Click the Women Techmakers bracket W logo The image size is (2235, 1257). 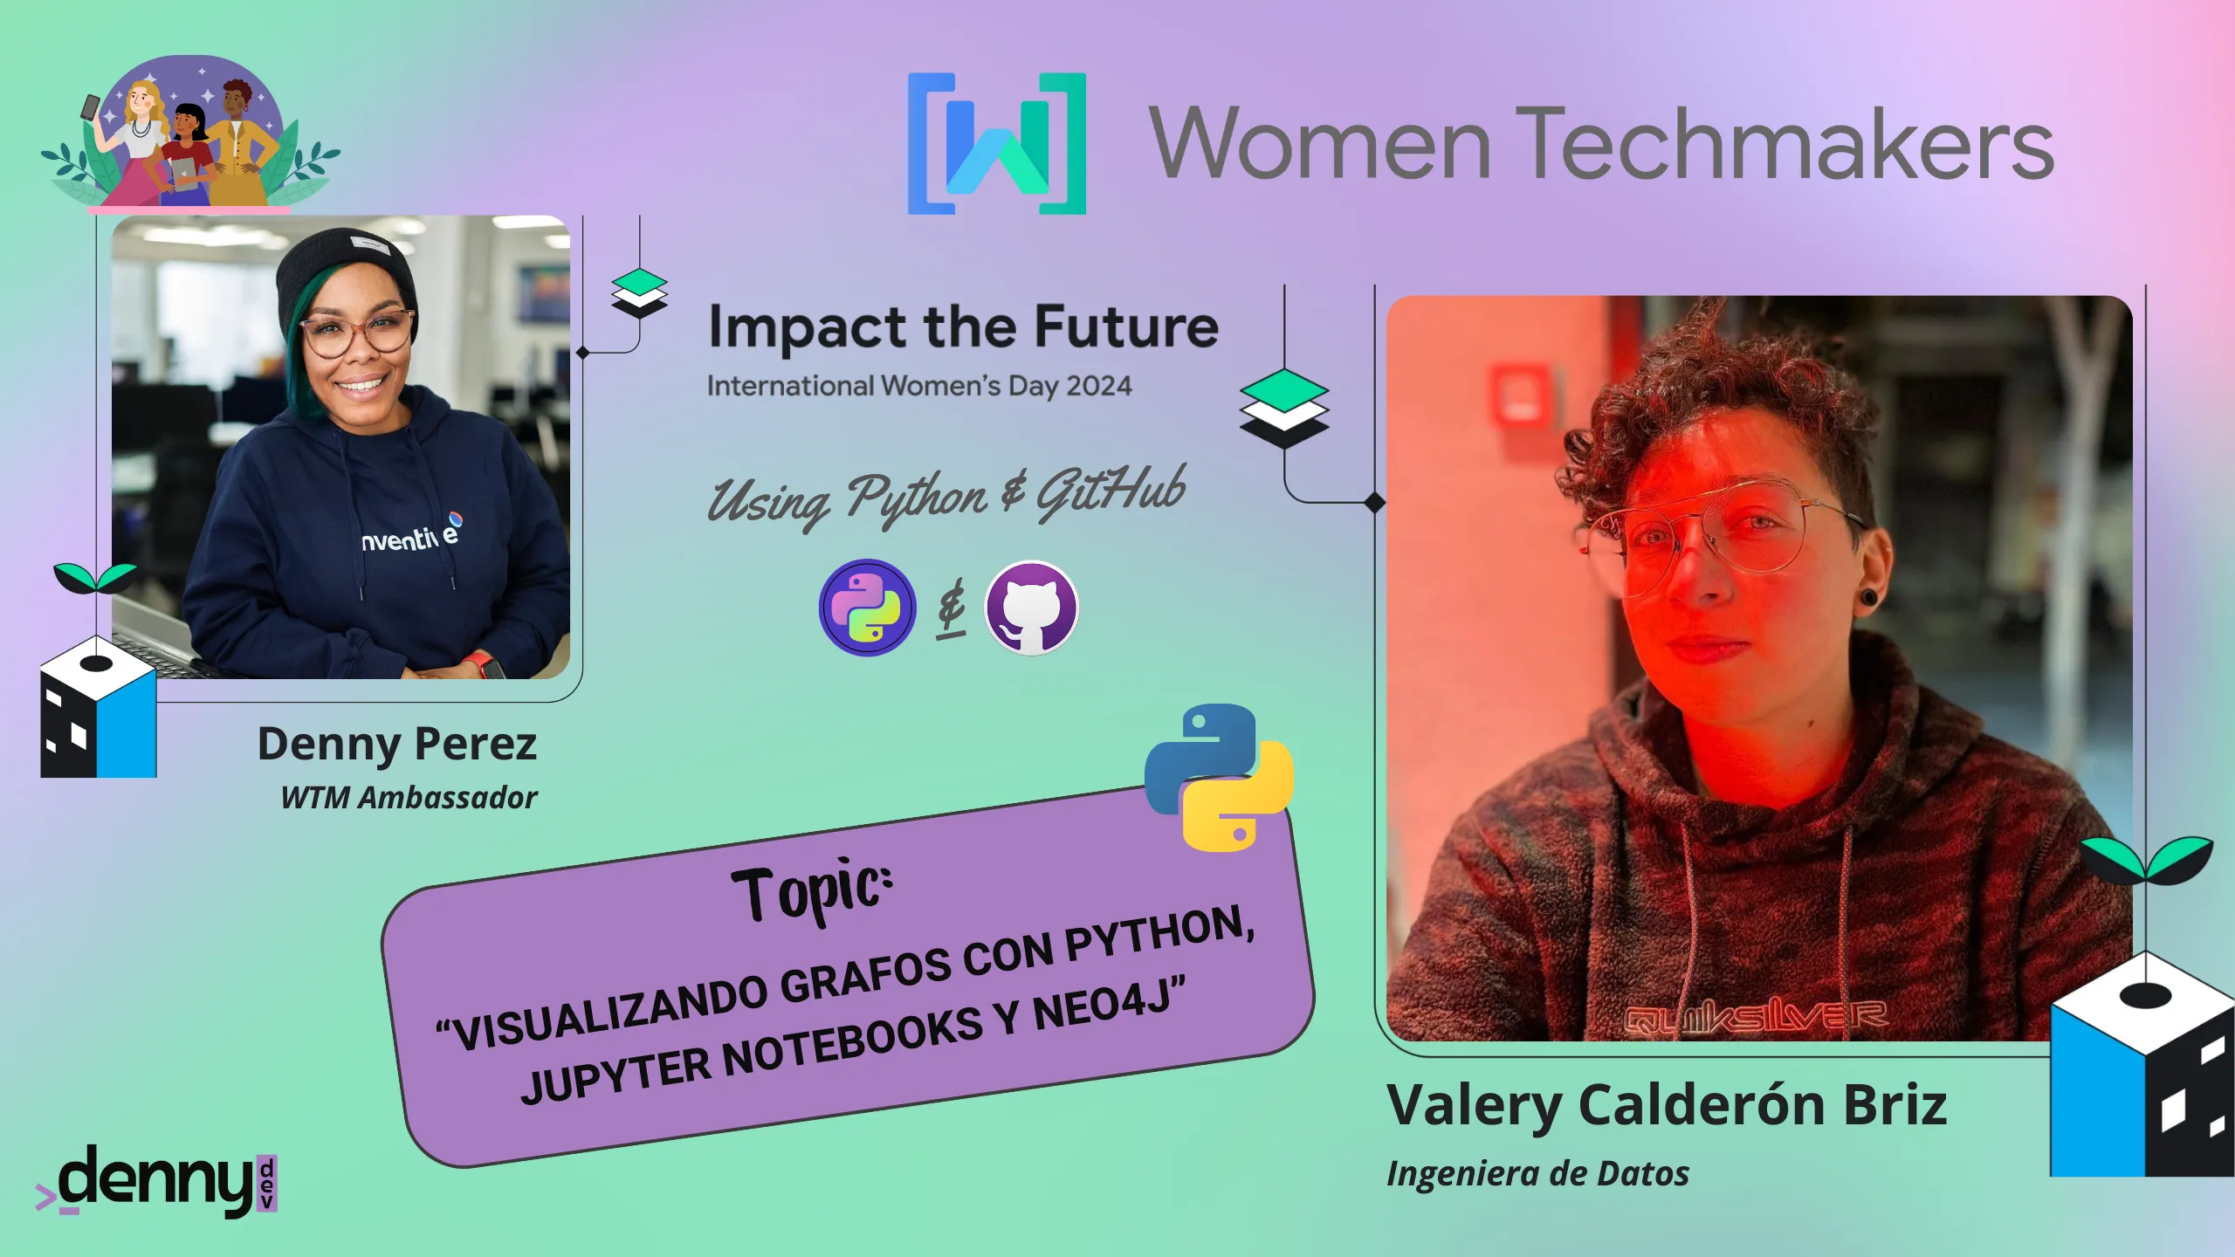tap(997, 143)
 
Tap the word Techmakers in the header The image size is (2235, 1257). tap(1790, 143)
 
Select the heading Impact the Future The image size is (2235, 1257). tap(963, 327)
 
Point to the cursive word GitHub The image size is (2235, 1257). tap(1111, 491)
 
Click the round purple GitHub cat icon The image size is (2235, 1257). tap(1031, 608)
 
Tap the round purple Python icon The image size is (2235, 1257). tap(867, 608)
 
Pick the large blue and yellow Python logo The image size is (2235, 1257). tap(1219, 777)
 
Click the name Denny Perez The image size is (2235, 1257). tap(397, 745)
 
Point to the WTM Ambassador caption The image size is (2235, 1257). tap(409, 798)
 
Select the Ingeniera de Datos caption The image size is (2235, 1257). tap(1538, 1174)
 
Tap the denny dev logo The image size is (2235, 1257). tap(157, 1181)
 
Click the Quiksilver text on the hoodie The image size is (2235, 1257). tap(1757, 1016)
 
